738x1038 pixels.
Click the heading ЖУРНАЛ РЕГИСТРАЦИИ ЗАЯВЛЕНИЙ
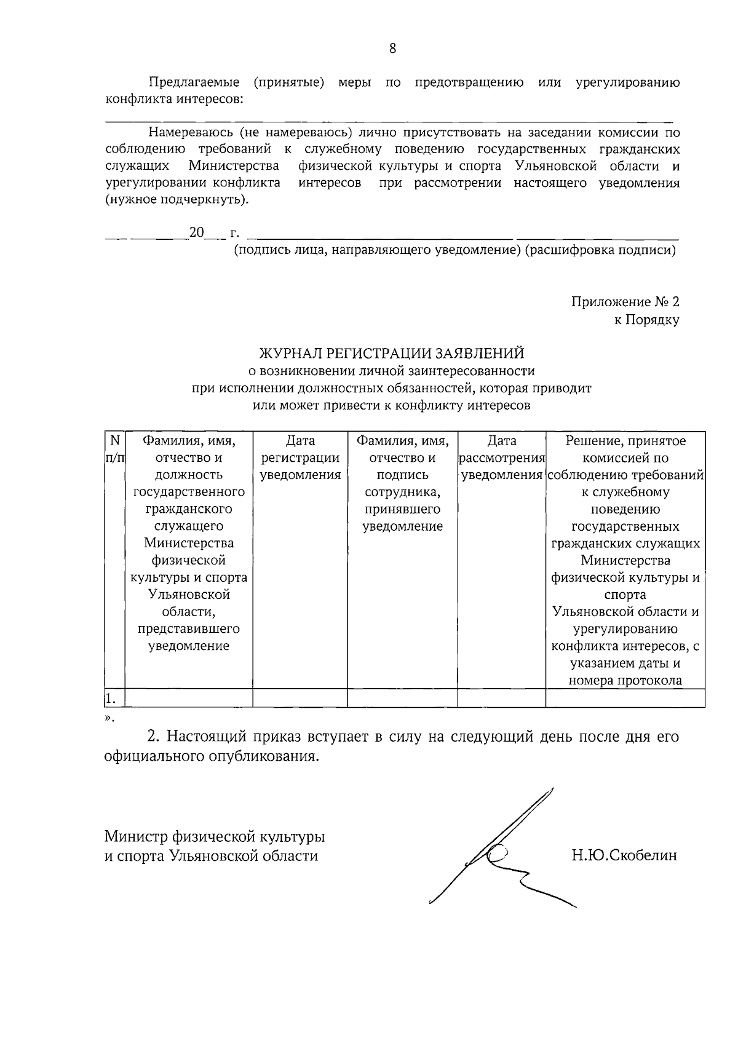coord(392,353)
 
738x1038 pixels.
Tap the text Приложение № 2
coord(625,302)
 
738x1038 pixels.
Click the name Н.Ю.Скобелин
coord(624,855)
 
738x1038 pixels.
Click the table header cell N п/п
coord(114,449)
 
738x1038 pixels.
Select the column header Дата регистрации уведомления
coord(300,458)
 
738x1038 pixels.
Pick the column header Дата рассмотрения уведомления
coord(502,458)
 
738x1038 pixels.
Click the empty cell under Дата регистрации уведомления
coord(300,699)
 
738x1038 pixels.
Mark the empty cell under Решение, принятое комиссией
coord(625,699)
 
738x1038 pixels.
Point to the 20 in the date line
coord(196,232)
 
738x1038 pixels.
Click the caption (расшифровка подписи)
coord(600,250)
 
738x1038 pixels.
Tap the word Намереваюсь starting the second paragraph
coord(191,132)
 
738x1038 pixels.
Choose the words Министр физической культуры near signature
coord(214,836)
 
